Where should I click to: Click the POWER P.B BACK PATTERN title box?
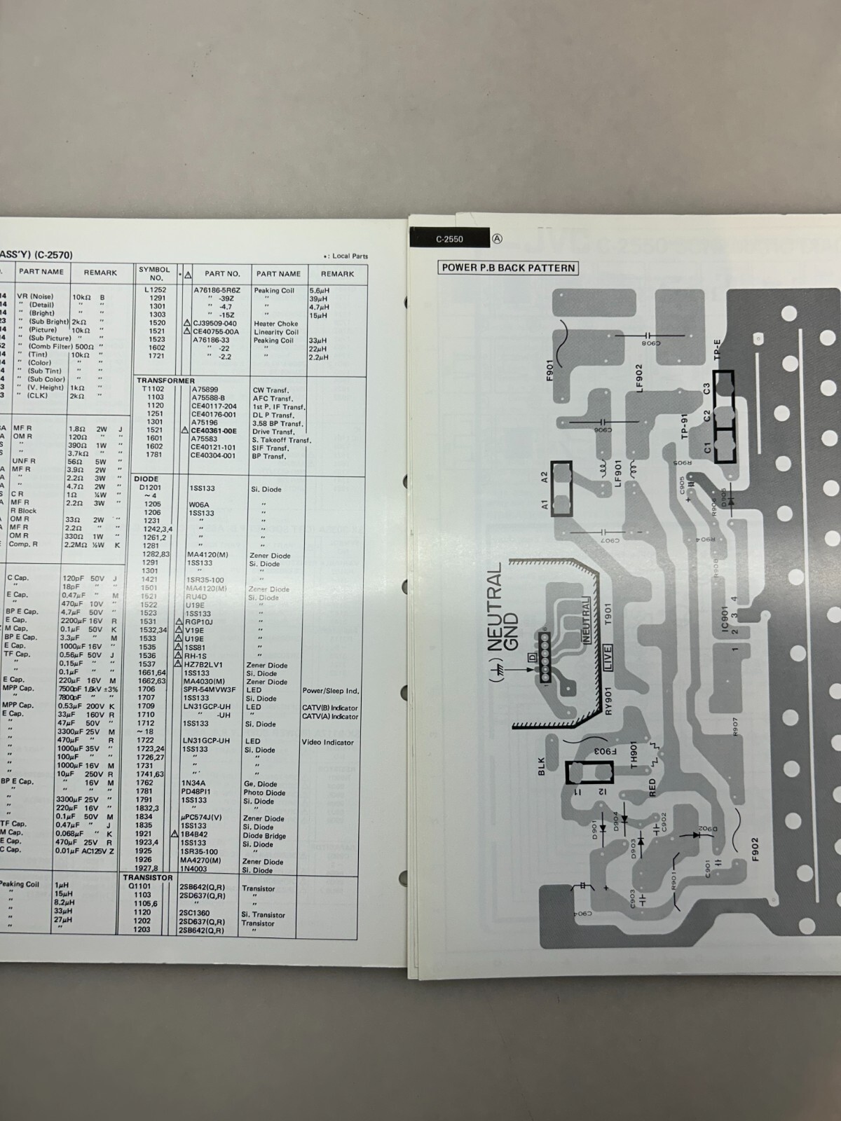[x=508, y=268]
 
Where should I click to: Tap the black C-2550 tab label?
[x=449, y=239]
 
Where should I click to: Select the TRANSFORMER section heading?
[x=165, y=381]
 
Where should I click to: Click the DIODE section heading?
[x=146, y=479]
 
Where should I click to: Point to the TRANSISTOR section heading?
[x=147, y=877]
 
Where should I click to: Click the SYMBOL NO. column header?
[x=154, y=273]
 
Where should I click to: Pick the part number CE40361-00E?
[x=214, y=432]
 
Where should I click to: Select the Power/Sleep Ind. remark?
[x=330, y=691]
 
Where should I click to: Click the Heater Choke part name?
[x=276, y=324]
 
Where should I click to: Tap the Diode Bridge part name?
[x=264, y=836]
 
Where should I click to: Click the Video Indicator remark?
[x=329, y=742]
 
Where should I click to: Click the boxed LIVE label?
[x=607, y=657]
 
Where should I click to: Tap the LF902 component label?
[x=638, y=378]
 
